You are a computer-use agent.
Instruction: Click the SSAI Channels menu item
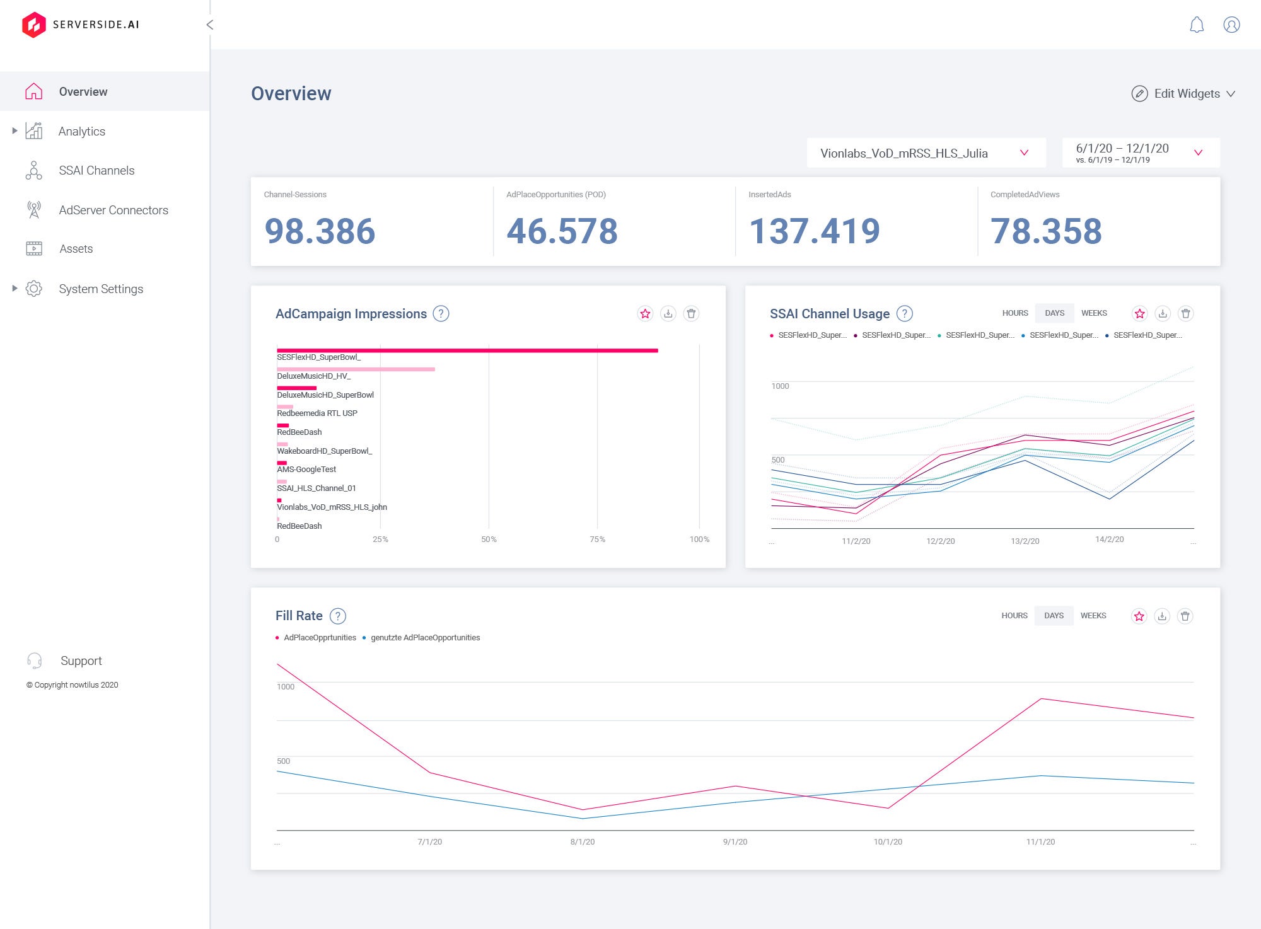coord(96,171)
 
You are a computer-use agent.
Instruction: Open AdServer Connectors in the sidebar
coord(113,211)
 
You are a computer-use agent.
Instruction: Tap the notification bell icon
coord(1196,25)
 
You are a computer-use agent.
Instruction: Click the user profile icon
coord(1231,25)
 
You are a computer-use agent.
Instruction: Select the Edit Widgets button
coord(1182,94)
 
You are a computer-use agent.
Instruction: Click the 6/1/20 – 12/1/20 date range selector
coord(1140,153)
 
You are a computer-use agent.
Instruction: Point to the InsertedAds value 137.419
coord(813,231)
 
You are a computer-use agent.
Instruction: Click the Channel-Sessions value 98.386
coord(320,231)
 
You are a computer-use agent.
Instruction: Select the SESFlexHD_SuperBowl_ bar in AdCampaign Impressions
coord(467,350)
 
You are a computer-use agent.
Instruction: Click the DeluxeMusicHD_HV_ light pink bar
coord(356,369)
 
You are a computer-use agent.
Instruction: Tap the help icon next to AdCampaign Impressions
coord(441,314)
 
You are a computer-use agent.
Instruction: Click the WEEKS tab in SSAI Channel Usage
coord(1093,313)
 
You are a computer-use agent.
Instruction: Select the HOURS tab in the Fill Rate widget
coord(1014,616)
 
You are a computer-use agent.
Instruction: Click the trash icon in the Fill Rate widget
coord(1185,616)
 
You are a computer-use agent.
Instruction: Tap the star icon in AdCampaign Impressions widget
coord(645,314)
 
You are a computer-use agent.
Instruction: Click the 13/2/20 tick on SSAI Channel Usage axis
coord(1025,541)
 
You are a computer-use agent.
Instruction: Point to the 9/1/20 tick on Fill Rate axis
coord(735,842)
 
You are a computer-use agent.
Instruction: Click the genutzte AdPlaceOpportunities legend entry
coord(424,638)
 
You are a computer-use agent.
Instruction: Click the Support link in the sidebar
coord(81,661)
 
